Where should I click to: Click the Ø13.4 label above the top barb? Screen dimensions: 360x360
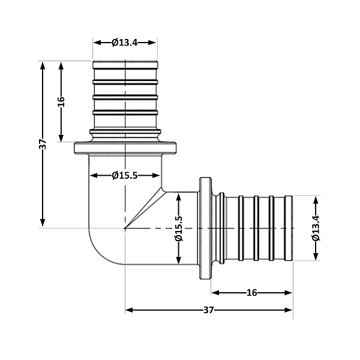[x=125, y=42]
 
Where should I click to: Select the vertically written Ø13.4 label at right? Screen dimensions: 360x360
[x=316, y=227]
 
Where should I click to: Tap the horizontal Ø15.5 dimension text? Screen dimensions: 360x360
[x=125, y=175]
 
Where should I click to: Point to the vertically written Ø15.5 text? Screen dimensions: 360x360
[x=178, y=229]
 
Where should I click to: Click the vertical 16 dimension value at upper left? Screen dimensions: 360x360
[x=61, y=101]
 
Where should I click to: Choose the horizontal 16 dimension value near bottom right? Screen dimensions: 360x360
[x=252, y=293]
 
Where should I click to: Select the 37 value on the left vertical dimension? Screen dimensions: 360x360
[x=43, y=144]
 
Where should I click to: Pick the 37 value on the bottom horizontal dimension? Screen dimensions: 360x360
[x=208, y=310]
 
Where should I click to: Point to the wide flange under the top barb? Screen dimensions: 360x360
[x=125, y=147]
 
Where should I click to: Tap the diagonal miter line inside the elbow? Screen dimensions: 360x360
[x=144, y=209]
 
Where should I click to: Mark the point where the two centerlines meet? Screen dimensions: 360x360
[x=125, y=228]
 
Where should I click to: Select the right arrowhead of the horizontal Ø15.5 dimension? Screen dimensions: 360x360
[x=157, y=175]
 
